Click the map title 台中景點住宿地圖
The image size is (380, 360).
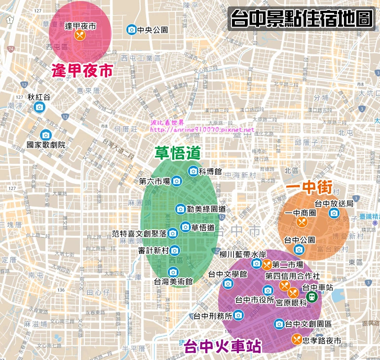(301, 19)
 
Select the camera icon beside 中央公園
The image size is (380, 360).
(131, 30)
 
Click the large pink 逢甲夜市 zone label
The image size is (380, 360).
(82, 71)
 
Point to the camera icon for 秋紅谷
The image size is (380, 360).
(39, 108)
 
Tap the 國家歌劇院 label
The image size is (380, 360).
(46, 145)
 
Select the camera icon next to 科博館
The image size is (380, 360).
(193, 171)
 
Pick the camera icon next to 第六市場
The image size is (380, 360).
(176, 181)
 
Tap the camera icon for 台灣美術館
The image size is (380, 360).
(173, 272)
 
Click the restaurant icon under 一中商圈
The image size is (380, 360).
(302, 222)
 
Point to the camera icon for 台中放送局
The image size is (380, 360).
(334, 213)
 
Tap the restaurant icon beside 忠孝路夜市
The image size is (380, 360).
(296, 339)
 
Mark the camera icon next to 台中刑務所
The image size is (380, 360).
(238, 315)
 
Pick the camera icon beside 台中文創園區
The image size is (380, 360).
(279, 324)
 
